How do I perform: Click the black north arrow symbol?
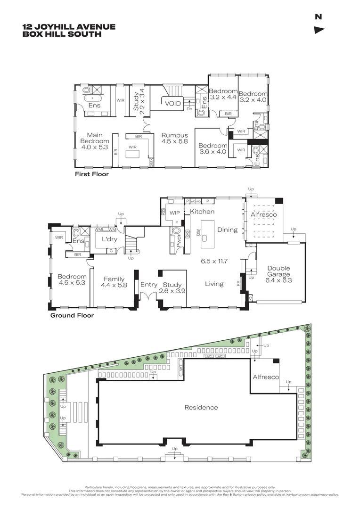point(319,30)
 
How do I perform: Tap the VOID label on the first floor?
point(172,104)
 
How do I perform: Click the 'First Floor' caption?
point(92,174)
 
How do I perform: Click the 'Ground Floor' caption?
point(72,316)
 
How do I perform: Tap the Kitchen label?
point(202,212)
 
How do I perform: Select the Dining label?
point(227,230)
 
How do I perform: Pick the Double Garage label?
point(278,271)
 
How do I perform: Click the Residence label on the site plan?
point(201,407)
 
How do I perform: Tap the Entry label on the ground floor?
point(149,285)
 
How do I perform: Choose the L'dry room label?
point(109,239)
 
